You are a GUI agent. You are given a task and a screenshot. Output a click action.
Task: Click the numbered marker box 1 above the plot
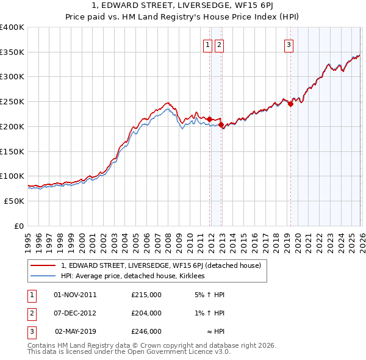pyautogui.click(x=208, y=44)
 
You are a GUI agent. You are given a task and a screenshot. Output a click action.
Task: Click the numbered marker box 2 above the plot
pyautogui.click(x=219, y=44)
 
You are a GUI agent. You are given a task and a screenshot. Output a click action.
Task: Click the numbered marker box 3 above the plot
pyautogui.click(x=288, y=44)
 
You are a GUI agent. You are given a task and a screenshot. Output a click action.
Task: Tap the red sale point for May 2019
pyautogui.click(x=291, y=104)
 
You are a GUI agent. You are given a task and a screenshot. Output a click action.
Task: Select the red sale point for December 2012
pyautogui.click(x=221, y=124)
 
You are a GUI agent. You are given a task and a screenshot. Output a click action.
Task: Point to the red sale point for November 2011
pyautogui.click(x=209, y=119)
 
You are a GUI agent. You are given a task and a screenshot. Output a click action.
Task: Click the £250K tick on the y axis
pyautogui.click(x=12, y=101)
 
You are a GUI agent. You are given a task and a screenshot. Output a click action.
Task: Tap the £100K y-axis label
pyautogui.click(x=12, y=176)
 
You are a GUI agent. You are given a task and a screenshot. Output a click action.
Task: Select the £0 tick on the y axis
pyautogui.click(x=19, y=226)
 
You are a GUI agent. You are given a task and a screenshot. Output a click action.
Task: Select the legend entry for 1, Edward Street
pyautogui.click(x=161, y=265)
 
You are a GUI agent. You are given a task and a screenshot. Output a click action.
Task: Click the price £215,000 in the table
pyautogui.click(x=146, y=295)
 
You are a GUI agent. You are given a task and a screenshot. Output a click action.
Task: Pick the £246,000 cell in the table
pyautogui.click(x=146, y=331)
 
